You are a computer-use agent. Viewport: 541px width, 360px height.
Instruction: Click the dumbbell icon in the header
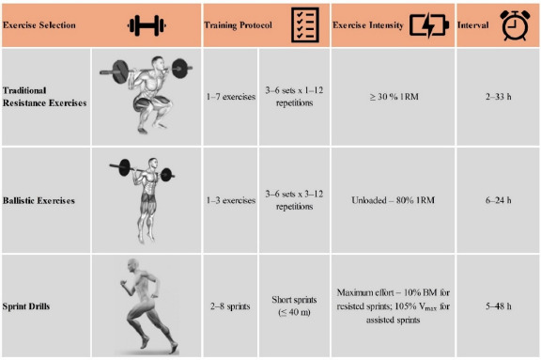[x=147, y=25]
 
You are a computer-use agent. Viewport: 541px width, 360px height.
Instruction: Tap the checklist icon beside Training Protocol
[x=305, y=24]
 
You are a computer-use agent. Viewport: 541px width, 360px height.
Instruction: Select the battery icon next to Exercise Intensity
[x=429, y=25]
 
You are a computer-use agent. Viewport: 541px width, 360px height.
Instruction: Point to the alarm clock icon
[x=515, y=25]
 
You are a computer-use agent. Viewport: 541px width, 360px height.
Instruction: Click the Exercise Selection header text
[x=39, y=25]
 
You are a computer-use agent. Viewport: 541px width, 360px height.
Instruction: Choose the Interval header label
[x=473, y=25]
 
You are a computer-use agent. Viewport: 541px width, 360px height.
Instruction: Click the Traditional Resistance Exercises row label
[x=44, y=97]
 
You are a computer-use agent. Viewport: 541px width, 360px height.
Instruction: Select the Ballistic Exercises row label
[x=39, y=200]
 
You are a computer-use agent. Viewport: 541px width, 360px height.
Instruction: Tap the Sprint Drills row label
[x=26, y=306]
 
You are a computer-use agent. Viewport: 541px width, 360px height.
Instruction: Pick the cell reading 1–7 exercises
[x=231, y=97]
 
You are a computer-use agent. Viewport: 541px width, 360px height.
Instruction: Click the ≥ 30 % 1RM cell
[x=394, y=97]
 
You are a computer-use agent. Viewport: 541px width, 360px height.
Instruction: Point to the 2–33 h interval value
[x=498, y=97]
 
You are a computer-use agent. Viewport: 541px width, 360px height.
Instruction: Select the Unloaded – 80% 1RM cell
[x=393, y=200]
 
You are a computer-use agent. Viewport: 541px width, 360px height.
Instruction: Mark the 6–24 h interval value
[x=498, y=200]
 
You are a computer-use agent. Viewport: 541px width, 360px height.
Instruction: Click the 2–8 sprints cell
[x=230, y=306]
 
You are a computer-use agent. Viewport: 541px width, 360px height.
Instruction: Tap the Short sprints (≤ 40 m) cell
[x=294, y=305]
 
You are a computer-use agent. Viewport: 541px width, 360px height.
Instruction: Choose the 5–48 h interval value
[x=498, y=306]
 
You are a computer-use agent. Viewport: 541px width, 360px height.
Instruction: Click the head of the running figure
[x=132, y=266]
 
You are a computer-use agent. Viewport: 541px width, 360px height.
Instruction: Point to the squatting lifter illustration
[x=147, y=95]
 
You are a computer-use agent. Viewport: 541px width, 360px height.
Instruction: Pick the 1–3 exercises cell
[x=231, y=200]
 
